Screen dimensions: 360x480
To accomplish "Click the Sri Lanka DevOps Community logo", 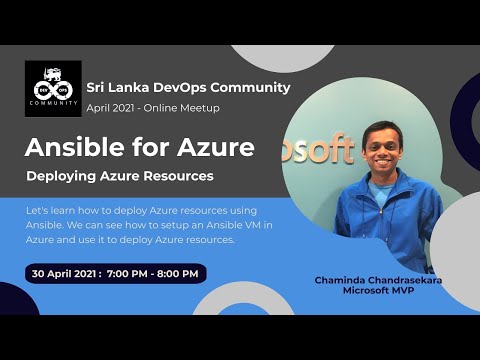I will (x=53, y=88).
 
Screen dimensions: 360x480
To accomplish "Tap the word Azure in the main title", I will (x=212, y=148).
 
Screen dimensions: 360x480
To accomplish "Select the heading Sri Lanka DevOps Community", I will (x=188, y=87).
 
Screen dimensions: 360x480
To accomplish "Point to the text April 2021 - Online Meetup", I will (x=153, y=107).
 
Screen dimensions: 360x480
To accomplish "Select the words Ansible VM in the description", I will (x=237, y=225).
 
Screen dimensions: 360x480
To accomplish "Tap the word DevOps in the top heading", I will (x=185, y=87).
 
